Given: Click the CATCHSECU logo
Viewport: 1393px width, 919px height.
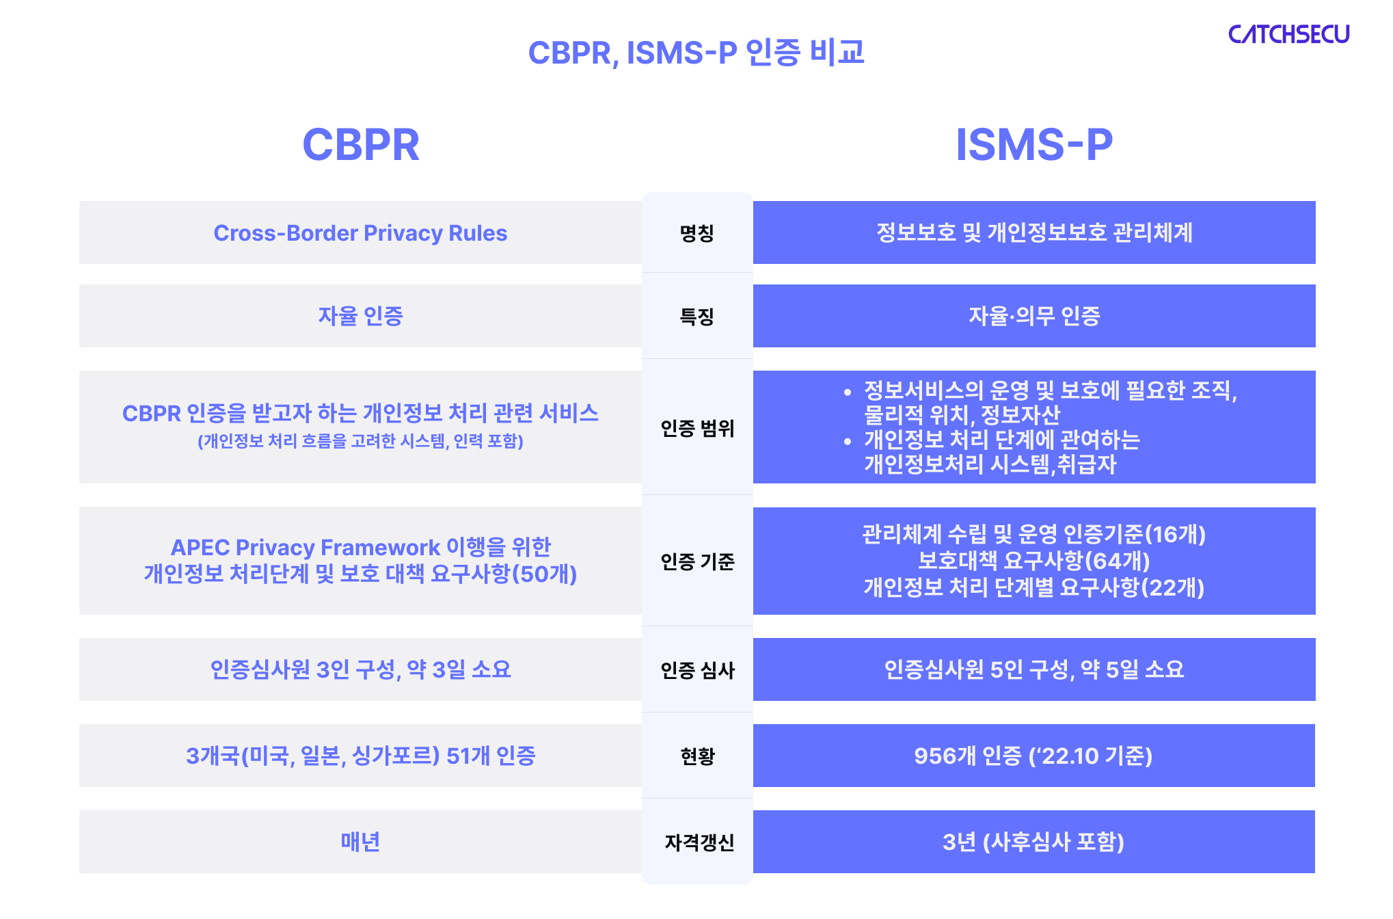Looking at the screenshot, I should pos(1288,34).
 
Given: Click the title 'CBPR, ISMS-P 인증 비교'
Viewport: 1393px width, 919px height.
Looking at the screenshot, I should pos(696,53).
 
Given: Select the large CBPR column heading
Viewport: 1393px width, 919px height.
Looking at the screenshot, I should pos(361,144).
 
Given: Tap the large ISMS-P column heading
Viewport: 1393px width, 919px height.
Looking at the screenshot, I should pos(1033,144).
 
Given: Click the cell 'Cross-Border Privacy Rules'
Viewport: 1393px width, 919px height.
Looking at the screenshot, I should pos(360,233).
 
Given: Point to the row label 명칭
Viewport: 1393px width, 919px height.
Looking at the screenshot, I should pos(696,233).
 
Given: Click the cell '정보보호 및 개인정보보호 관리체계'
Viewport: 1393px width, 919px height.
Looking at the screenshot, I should pos(1034,232).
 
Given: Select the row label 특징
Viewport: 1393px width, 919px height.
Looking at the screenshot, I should pos(696,317).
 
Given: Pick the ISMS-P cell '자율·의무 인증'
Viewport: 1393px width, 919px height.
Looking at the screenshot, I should pos(1034,316).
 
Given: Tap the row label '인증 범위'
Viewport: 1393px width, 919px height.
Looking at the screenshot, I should pos(696,428).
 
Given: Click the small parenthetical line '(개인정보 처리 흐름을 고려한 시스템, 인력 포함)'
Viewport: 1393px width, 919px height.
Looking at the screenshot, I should pos(360,441).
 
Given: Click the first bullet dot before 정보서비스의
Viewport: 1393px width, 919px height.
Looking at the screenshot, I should pos(848,392).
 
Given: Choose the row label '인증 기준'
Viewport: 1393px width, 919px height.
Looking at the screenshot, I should pos(696,561).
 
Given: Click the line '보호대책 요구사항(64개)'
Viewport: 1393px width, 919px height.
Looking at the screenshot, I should pos(1033,561).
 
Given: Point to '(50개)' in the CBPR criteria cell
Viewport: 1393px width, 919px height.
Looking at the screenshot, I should pos(545,574).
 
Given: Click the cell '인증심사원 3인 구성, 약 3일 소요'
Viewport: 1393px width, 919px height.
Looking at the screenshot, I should pos(360,669).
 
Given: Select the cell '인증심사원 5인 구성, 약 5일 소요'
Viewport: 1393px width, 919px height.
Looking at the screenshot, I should pos(1034,669).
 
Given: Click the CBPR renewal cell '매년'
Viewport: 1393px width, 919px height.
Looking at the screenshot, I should pos(360,842).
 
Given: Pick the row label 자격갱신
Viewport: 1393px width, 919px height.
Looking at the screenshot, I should pos(699,842).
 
